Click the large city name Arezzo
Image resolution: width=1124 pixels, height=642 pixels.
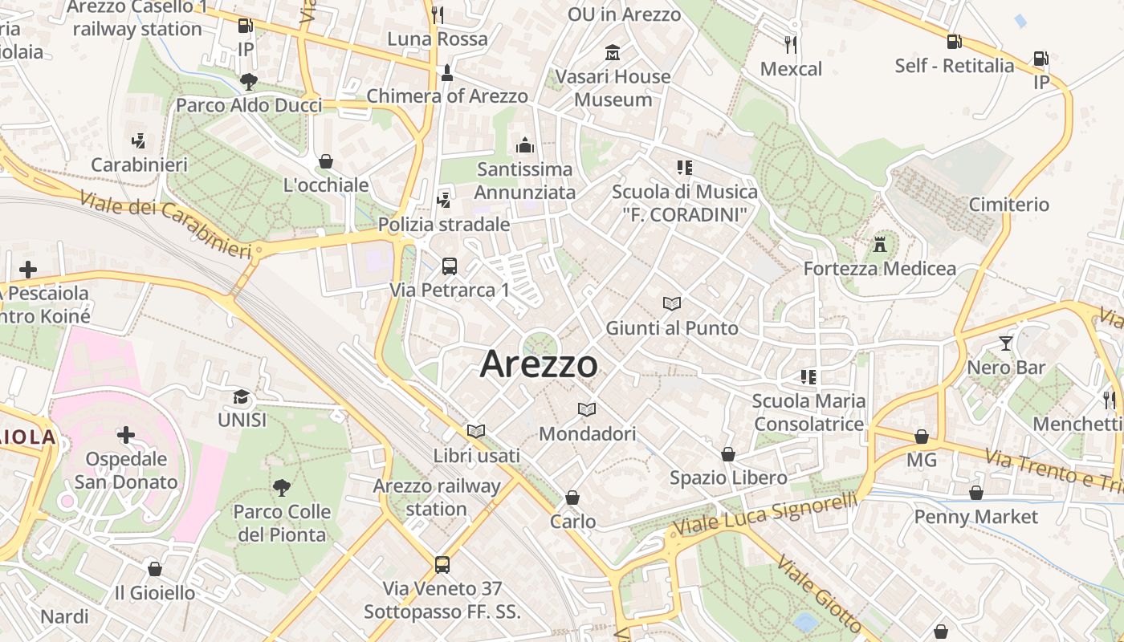[539, 364]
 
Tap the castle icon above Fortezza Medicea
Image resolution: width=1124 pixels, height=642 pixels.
[880, 244]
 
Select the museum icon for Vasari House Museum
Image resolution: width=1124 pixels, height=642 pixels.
[613, 53]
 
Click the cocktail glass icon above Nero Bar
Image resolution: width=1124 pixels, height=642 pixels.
[1005, 343]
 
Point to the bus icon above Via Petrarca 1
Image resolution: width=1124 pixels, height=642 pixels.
[450, 266]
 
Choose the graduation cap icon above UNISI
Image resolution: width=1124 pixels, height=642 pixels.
[241, 396]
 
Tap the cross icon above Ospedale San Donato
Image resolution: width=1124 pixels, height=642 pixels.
[126, 435]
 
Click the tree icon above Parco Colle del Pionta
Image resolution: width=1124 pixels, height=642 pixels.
[281, 487]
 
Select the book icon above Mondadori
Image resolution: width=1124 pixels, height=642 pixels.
[587, 410]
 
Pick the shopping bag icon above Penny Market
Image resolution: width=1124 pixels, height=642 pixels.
[976, 493]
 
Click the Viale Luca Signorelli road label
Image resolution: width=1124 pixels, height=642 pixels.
[765, 515]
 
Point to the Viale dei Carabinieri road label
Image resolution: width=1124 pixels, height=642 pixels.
[166, 223]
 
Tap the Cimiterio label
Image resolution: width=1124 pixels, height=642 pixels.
[1008, 205]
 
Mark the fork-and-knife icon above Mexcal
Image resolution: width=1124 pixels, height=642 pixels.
[791, 44]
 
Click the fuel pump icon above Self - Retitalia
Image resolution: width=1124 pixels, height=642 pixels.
[954, 41]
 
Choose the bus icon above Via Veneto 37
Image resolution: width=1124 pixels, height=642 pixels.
[442, 564]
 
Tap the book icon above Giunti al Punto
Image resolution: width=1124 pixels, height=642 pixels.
[672, 303]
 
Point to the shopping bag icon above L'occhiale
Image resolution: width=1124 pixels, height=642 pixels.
[326, 161]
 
